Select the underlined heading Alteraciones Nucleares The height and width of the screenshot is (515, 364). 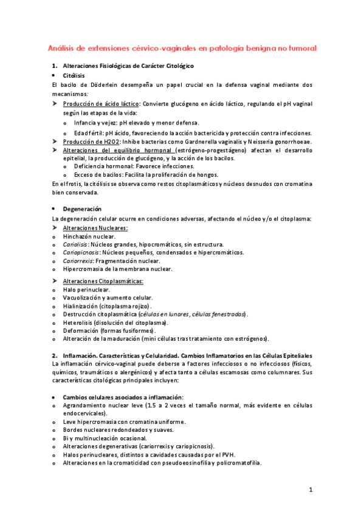click(95, 227)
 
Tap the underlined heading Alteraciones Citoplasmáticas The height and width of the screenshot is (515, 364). click(103, 281)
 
